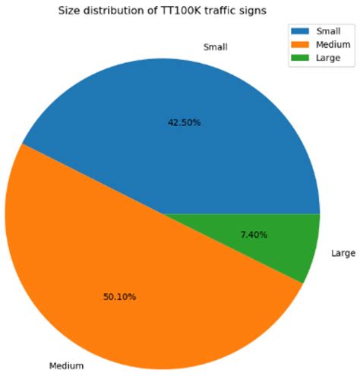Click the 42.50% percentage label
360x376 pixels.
click(x=184, y=123)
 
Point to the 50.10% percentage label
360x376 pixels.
click(x=119, y=296)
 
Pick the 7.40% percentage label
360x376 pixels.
click(x=275, y=235)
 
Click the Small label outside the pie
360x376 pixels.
click(x=216, y=47)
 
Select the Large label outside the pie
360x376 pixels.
click(x=343, y=253)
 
